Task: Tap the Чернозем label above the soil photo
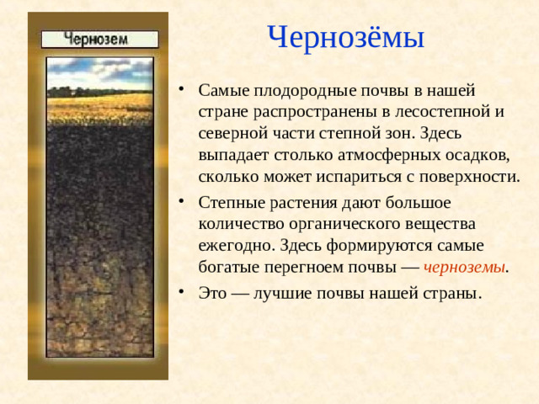click(99, 39)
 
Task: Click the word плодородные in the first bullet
click(290, 89)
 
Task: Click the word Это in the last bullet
click(214, 295)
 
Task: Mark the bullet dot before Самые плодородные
click(183, 90)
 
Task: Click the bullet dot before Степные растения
click(183, 204)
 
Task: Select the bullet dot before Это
click(183, 295)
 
